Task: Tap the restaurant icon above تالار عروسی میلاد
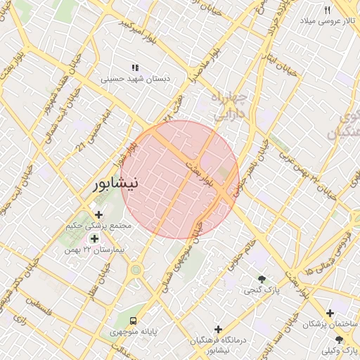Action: [327, 10]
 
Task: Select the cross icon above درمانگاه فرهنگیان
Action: [219, 328]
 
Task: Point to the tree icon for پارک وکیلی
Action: [339, 339]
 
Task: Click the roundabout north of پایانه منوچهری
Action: [136, 269]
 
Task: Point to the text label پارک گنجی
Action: [259, 290]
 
